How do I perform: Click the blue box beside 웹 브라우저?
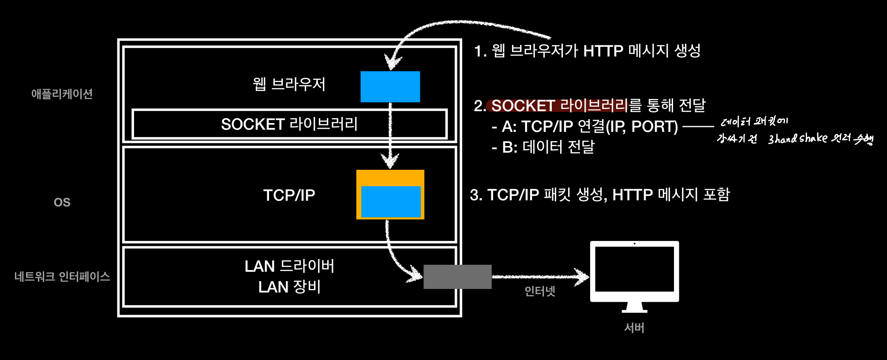390,86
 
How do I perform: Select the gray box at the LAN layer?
457,277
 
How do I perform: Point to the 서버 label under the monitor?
634,328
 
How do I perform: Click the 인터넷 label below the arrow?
539,291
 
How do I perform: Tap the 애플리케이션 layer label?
62,94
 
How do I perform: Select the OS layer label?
62,202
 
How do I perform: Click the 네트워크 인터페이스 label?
62,277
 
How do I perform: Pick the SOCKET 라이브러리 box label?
289,124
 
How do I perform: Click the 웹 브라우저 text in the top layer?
289,84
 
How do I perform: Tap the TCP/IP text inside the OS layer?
289,195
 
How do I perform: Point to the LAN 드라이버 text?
289,266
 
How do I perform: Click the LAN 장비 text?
289,287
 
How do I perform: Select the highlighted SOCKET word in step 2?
523,106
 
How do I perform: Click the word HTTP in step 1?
603,51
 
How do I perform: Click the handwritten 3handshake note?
797,139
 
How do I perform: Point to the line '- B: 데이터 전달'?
543,147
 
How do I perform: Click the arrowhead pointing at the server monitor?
582,277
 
